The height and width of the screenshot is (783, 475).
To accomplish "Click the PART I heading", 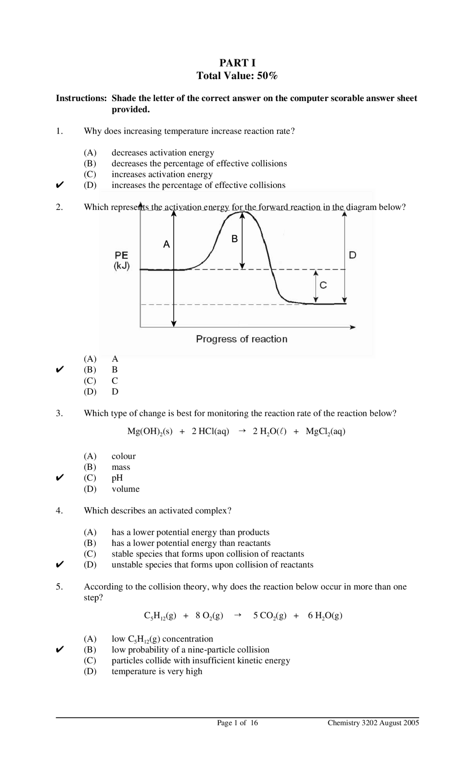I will (237, 62).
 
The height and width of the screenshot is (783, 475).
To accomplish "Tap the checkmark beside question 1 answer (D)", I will (60, 185).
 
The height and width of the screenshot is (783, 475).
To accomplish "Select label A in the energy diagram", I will (167, 244).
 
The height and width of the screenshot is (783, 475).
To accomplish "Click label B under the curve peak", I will (235, 239).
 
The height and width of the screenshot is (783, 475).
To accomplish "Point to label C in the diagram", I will (323, 285).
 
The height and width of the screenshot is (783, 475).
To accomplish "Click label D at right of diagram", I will (353, 255).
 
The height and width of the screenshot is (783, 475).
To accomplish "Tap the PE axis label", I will (121, 256).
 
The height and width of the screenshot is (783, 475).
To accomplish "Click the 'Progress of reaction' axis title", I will (242, 339).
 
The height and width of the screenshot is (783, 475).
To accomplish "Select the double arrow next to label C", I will (315, 286).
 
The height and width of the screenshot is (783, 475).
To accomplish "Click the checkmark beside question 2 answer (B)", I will (60, 370).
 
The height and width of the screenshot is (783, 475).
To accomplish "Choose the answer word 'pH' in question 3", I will (117, 478).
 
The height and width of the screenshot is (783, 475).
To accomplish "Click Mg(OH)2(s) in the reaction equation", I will (150, 432).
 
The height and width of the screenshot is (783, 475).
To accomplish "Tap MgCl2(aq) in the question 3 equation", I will (325, 432).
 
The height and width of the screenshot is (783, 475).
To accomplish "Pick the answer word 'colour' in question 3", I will (124, 456).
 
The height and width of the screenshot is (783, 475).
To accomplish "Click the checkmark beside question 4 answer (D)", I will (60, 565).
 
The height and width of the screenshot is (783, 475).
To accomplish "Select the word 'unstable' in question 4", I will (127, 565).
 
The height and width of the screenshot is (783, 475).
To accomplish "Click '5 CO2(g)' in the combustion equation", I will (270, 616).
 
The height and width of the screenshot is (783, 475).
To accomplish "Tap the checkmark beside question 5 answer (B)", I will (60, 650).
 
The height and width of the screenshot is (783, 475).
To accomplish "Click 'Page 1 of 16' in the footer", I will (237, 723).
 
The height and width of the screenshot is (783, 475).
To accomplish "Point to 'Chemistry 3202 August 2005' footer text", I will (373, 723).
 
